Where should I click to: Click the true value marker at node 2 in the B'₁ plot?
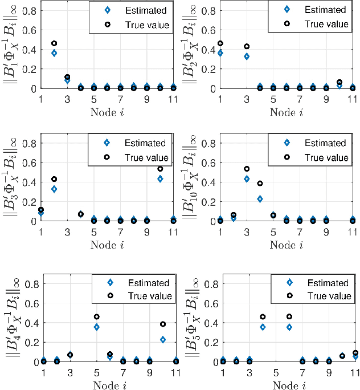[x=54, y=43]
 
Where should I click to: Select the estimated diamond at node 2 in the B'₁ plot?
[x=54, y=53]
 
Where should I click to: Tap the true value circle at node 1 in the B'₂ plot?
[x=220, y=43]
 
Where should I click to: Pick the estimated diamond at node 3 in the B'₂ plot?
[x=247, y=56]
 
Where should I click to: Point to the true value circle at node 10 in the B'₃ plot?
[x=160, y=169]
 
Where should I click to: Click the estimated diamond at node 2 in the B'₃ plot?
[x=54, y=189]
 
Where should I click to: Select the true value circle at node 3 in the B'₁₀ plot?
[x=247, y=169]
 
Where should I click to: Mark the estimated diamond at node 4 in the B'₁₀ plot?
[x=260, y=199]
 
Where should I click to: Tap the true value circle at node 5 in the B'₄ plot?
[x=97, y=316]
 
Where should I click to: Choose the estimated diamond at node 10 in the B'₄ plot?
[x=162, y=340]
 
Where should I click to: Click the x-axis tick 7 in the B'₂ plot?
[x=300, y=98]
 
